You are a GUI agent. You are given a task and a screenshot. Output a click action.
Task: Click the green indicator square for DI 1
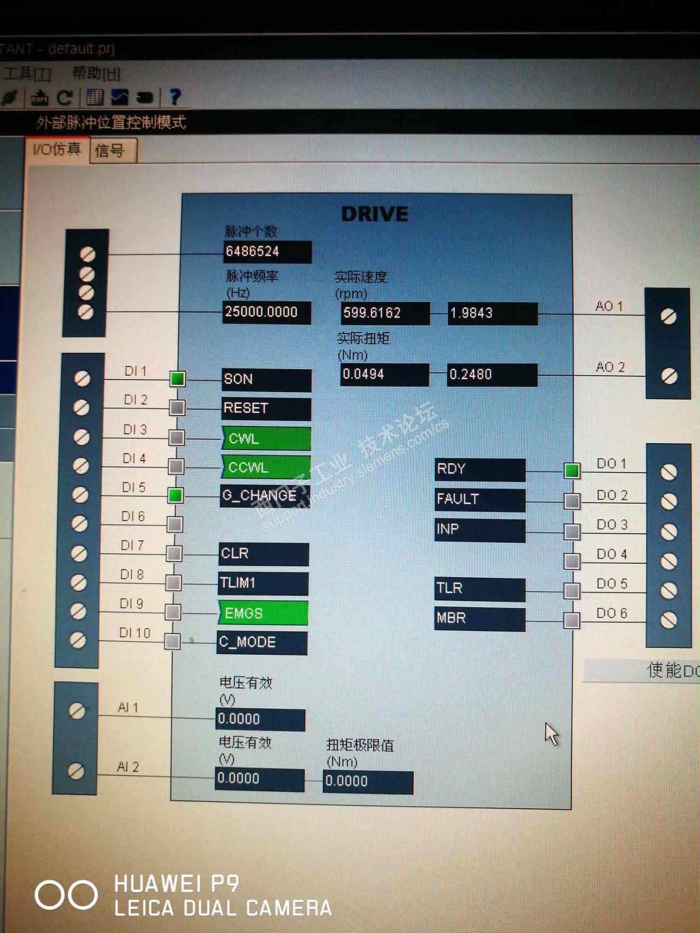coord(177,378)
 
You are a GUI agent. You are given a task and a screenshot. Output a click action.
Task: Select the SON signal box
coord(266,380)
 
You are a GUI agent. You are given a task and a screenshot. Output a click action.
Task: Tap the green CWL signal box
coord(266,439)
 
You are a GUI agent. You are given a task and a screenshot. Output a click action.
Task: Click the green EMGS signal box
coord(264,613)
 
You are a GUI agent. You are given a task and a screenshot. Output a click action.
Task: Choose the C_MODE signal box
coord(262,643)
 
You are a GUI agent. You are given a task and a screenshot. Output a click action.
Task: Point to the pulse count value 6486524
coord(267,252)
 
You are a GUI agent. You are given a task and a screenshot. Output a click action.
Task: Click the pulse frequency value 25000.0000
coord(266,312)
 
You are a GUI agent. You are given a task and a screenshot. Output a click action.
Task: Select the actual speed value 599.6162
coord(384,313)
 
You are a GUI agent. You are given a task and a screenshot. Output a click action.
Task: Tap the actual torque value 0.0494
coord(384,375)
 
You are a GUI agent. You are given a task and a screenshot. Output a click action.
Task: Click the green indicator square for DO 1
coord(572,470)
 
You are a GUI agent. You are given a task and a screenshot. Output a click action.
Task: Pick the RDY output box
coord(480,469)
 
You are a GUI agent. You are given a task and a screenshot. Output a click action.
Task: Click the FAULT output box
coord(480,499)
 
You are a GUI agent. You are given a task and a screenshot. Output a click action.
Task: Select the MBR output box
coord(480,619)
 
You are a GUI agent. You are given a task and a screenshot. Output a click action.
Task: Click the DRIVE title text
coord(375,214)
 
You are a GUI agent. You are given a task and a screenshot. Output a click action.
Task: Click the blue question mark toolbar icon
coord(174,97)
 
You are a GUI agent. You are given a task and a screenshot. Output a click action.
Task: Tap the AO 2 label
coord(610,367)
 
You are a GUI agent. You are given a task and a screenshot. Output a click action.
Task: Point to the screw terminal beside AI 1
coord(77,710)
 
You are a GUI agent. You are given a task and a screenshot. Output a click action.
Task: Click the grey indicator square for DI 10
coord(172,641)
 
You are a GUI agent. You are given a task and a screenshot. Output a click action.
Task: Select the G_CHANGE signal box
coord(265,496)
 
